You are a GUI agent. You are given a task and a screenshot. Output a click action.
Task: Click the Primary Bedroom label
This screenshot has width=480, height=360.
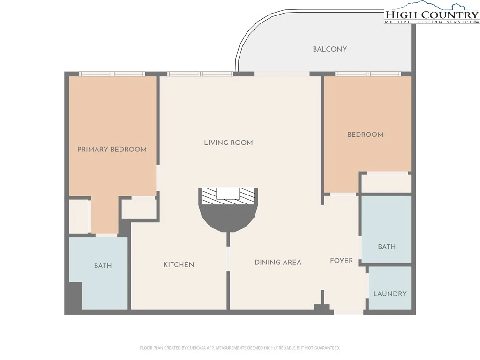click(x=112, y=150)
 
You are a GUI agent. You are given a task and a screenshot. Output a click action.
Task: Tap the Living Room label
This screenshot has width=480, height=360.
click(x=228, y=142)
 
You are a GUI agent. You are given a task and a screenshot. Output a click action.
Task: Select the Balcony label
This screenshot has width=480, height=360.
click(x=330, y=49)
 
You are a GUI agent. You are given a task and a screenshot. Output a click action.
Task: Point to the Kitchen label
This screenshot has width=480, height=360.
click(x=179, y=265)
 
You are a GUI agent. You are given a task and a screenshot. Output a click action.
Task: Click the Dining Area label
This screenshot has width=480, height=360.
click(x=278, y=262)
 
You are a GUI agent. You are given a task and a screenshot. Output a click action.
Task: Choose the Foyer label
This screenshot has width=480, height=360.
click(x=342, y=261)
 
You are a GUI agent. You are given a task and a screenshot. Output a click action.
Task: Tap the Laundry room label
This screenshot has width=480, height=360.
click(x=390, y=294)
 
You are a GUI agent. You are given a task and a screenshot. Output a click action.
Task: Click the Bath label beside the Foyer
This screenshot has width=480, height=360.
click(x=387, y=247)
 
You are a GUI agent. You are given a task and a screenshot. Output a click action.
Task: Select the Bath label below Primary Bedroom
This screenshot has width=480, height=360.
click(x=103, y=266)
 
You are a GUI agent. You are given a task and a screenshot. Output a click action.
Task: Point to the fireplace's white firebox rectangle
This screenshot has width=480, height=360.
click(x=228, y=194)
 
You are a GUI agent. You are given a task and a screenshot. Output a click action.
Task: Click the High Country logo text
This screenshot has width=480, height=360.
click(x=432, y=15)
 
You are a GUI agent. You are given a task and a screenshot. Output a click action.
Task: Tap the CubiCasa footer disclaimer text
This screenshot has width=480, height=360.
click(x=240, y=348)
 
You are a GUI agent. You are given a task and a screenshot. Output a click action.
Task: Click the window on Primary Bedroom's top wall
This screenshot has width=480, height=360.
click(x=112, y=74)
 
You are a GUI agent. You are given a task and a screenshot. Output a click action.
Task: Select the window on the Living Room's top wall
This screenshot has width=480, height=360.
click(x=200, y=74)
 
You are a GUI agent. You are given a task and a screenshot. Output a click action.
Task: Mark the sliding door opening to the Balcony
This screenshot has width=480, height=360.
click(x=282, y=74)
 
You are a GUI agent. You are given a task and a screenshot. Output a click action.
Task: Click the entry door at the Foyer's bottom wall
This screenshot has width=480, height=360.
click(x=349, y=312)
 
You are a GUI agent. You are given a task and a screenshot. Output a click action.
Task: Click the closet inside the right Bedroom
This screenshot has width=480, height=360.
click(x=386, y=184)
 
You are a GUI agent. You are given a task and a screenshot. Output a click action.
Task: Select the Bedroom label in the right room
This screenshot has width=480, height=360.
click(x=365, y=135)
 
